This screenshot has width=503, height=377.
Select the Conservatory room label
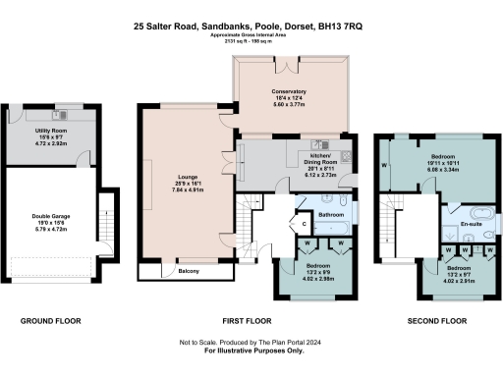pyautogui.click(x=289, y=90)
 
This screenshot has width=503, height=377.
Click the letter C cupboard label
pyautogui.click(x=304, y=224)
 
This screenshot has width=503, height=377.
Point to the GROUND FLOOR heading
pyautogui.click(x=51, y=321)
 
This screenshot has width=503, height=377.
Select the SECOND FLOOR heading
pyautogui.click(x=435, y=321)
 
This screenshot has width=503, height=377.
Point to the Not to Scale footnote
pyautogui.click(x=251, y=341)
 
